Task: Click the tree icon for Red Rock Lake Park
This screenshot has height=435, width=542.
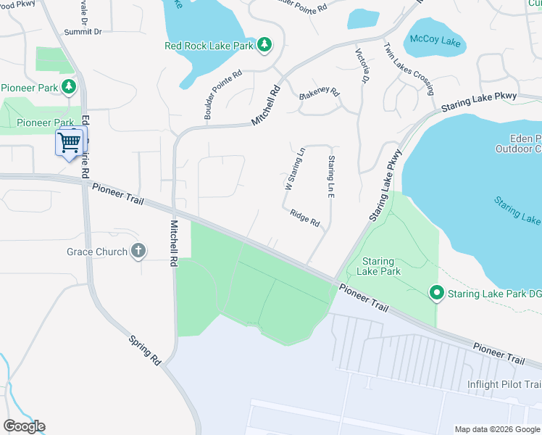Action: coord(265,45)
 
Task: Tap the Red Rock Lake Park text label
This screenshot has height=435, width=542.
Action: coord(209,46)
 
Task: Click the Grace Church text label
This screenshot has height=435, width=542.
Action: coord(96,252)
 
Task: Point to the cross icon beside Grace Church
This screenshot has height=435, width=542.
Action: coord(138,252)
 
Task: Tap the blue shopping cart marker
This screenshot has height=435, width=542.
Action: coord(70,141)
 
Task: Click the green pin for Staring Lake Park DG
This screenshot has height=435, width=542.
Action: coord(436,293)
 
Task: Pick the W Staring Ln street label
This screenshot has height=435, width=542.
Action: coord(295,169)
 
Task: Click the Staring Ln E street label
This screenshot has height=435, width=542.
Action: coord(331,174)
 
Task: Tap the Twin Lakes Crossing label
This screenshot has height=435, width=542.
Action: coord(409,69)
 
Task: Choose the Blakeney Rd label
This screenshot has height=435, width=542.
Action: coord(320,94)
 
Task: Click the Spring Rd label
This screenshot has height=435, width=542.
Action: coord(144,349)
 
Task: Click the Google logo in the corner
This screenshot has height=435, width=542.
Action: coord(24,426)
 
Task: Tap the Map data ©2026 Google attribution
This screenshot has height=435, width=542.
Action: coord(496,429)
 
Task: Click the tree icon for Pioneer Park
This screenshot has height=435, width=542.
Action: coord(69,88)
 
